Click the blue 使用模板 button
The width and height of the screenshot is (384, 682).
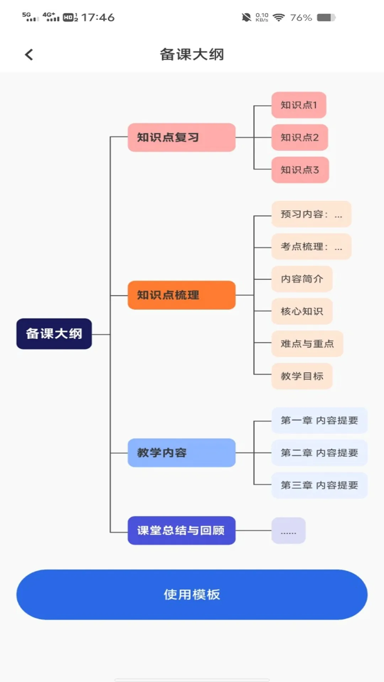click(x=192, y=595)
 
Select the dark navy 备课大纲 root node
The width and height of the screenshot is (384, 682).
click(x=54, y=334)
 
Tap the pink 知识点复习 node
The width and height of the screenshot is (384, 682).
click(x=181, y=137)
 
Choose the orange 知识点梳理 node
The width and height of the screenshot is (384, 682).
click(x=181, y=295)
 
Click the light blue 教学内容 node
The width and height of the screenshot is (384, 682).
click(x=181, y=453)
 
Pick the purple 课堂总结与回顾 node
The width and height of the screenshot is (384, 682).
click(x=181, y=530)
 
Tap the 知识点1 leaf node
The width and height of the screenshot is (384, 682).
click(x=299, y=105)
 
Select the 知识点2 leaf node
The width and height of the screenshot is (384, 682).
click(x=299, y=137)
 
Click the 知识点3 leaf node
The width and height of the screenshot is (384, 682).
click(x=300, y=170)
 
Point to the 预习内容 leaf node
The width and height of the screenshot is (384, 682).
click(x=311, y=214)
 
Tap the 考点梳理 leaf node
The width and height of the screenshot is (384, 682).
click(x=311, y=247)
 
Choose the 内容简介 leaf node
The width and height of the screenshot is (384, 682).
click(x=302, y=279)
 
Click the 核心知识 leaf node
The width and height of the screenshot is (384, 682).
click(x=302, y=311)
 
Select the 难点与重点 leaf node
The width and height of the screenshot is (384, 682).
click(x=307, y=343)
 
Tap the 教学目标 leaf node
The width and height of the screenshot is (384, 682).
click(x=302, y=376)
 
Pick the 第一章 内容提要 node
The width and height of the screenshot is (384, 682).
click(x=319, y=421)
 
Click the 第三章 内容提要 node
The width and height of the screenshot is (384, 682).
click(x=319, y=485)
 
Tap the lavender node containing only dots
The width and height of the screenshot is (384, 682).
click(x=288, y=531)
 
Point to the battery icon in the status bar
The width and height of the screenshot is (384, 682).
click(x=326, y=17)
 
